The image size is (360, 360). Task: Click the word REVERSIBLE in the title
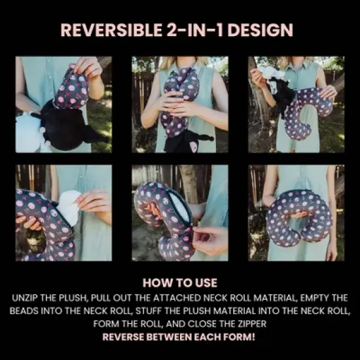coord(111,30)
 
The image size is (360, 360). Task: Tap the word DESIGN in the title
coord(260,30)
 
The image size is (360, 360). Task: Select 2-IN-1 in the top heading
coord(194,30)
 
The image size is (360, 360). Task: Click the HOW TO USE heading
coord(180,283)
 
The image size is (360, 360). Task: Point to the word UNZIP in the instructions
coord(25,298)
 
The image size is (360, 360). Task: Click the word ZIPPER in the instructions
coord(251,324)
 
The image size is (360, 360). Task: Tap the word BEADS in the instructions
coord(24,311)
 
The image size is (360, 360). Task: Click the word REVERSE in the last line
coord(123,337)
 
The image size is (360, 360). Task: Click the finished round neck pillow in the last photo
coord(298,218)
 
